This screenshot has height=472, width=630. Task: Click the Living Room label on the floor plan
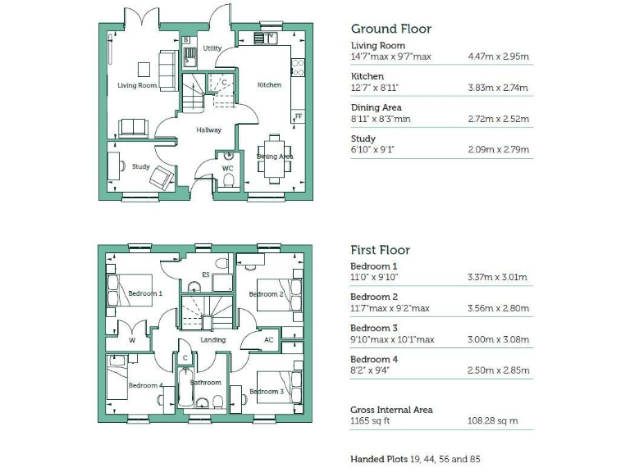coord(136,85)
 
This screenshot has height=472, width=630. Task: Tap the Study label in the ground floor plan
coord(140,166)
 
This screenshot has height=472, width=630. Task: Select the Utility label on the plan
coord(212,49)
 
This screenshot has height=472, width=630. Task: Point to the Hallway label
coord(208,129)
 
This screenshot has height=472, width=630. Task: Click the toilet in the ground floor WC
coord(230,180)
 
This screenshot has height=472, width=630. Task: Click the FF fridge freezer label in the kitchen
coord(299,117)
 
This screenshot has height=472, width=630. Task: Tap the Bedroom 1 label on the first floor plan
coord(145,293)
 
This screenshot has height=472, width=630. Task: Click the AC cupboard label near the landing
coord(268,340)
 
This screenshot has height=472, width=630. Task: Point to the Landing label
coord(212,340)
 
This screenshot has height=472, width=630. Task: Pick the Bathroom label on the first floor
coord(206,383)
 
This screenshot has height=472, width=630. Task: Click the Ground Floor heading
coord(390,29)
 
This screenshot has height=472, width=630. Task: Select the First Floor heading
coord(380,250)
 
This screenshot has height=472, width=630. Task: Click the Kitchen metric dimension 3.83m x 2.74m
coord(497,88)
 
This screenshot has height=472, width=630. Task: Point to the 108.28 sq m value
coord(492,421)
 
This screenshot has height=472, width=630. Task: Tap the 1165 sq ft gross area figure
coord(371,421)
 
